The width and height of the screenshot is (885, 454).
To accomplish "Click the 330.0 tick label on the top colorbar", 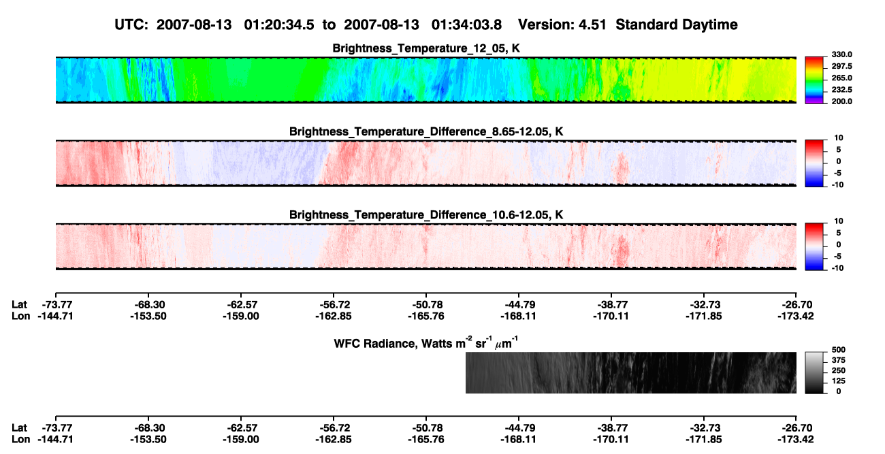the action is click(x=841, y=54).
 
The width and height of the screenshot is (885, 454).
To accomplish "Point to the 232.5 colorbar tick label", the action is click(x=841, y=90).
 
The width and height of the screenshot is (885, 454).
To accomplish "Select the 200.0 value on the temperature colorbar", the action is click(x=841, y=101).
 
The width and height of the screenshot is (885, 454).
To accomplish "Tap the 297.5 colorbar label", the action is click(x=841, y=67).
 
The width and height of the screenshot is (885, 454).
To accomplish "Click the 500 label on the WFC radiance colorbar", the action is click(x=839, y=350).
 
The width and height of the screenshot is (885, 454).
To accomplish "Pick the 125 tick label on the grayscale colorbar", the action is click(x=839, y=381).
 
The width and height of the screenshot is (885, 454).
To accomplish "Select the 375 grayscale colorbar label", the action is click(x=839, y=360).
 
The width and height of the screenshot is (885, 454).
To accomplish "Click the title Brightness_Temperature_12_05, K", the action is click(x=426, y=48).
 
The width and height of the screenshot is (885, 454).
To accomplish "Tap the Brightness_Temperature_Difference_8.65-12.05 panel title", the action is click(x=426, y=131).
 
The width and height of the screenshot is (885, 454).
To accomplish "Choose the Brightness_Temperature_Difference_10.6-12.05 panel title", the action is click(x=426, y=215).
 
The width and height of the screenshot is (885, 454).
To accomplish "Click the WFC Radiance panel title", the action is click(x=426, y=343).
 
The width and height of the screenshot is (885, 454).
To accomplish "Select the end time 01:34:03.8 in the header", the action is click(x=466, y=25).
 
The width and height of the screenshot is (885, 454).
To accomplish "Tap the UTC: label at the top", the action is click(x=131, y=25).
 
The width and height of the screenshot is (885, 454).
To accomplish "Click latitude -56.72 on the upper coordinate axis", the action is click(x=334, y=305).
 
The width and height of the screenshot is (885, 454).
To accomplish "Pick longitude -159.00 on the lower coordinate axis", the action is click(x=241, y=440).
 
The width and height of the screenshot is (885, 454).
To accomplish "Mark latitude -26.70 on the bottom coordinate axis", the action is click(x=796, y=428).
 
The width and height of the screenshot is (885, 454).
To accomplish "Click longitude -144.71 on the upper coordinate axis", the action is click(x=56, y=316).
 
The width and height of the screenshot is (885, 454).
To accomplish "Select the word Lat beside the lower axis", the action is click(x=19, y=428).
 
